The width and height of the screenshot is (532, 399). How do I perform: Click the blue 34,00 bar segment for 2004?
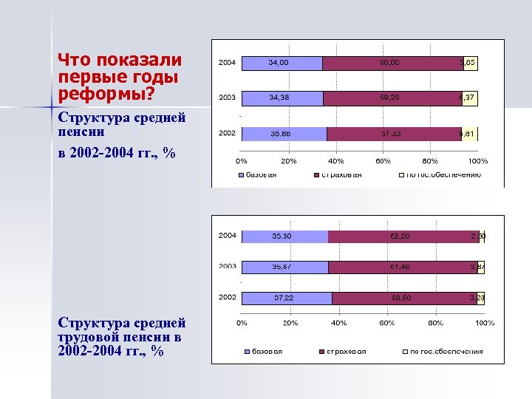click(x=282, y=64)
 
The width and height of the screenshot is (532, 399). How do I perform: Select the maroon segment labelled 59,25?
click(x=392, y=98)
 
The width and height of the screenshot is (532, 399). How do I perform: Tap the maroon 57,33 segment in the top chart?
click(x=393, y=134)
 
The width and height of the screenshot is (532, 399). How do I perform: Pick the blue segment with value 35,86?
click(x=284, y=134)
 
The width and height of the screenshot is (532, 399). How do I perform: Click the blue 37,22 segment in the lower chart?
click(x=286, y=298)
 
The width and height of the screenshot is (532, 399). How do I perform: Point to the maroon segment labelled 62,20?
click(x=403, y=236)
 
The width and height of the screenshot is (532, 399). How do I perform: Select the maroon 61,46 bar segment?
click(x=403, y=267)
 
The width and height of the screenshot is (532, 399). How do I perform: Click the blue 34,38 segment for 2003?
click(x=282, y=98)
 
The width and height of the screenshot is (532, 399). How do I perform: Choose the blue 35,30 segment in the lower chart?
click(x=284, y=236)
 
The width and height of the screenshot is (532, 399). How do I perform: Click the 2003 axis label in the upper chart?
click(x=227, y=98)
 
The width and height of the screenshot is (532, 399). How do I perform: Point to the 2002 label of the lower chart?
click(x=227, y=297)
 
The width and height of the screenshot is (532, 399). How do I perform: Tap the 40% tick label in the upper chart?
click(x=336, y=160)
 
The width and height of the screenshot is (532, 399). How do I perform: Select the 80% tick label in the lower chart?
click(x=435, y=323)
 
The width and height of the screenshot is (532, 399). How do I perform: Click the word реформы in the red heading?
click(x=89, y=94)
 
